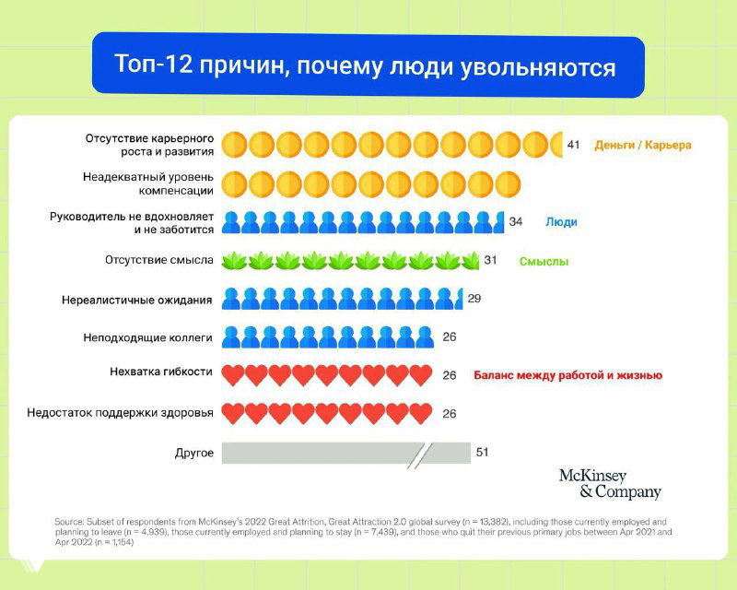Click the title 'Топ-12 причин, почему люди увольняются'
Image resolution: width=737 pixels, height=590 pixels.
pos(366,66)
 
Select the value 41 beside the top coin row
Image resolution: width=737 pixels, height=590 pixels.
pos(573,145)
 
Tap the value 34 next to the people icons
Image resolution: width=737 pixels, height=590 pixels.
pos(515,221)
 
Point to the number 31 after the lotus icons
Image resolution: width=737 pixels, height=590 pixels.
pos(490,260)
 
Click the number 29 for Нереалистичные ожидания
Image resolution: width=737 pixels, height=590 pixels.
pos(474,299)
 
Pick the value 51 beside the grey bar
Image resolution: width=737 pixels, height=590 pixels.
pos(483,453)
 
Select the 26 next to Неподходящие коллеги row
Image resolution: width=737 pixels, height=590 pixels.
pos(450,336)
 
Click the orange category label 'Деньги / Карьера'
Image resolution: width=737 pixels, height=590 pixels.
pos(642,145)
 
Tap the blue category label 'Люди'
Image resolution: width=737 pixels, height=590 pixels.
pos(561,222)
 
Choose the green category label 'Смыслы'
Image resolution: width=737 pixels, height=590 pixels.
pos(543,261)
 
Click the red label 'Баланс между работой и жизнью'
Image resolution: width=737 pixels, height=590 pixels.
pos(567,375)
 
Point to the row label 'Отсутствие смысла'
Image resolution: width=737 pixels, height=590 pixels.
pos(159,260)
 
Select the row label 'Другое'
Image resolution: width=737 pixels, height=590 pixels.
pos(193,453)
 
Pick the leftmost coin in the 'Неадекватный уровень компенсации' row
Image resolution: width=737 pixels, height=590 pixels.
pos(235,183)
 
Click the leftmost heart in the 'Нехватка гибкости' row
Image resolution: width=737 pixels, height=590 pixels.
pos(234,375)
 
